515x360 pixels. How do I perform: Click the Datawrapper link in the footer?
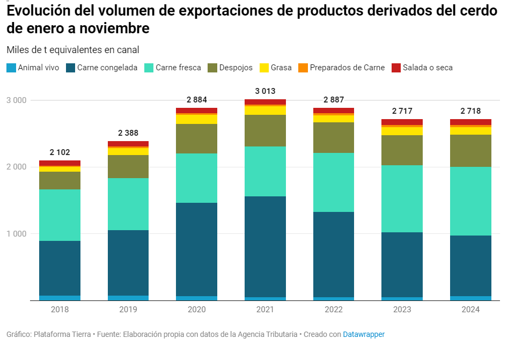click(x=364, y=334)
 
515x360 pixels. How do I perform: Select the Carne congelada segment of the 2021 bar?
click(x=265, y=247)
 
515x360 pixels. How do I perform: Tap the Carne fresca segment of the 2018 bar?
click(x=60, y=215)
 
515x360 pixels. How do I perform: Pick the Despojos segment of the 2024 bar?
click(x=470, y=151)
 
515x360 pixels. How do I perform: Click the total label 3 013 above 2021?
click(x=265, y=91)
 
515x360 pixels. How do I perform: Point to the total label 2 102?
click(x=60, y=152)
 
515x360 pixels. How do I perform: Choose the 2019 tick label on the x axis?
click(x=128, y=310)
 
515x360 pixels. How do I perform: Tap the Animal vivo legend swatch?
click(x=11, y=68)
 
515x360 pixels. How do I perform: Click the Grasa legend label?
click(x=281, y=68)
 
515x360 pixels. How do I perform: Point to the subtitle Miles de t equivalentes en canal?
click(x=73, y=50)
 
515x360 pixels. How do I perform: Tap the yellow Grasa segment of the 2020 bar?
click(x=197, y=119)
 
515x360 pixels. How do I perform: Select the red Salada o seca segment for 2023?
click(x=402, y=122)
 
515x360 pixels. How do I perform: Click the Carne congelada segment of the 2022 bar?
click(x=334, y=254)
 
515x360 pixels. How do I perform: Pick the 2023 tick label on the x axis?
click(x=402, y=310)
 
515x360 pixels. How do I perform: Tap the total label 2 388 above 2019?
click(x=128, y=133)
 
